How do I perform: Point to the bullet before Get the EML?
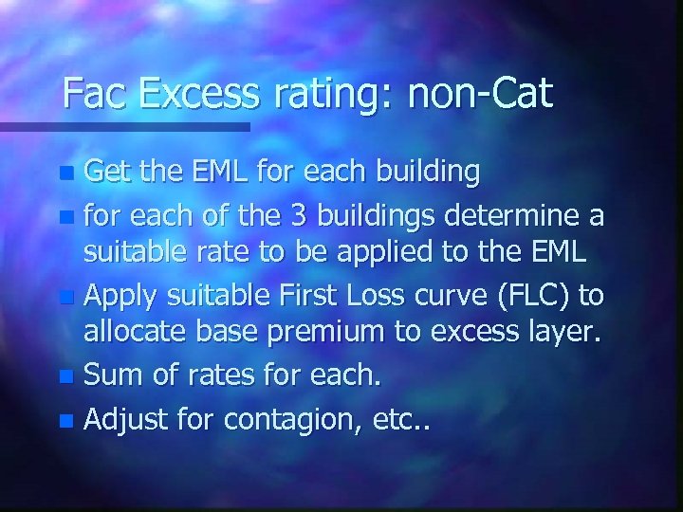tap(65, 174)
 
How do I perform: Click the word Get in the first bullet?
tap(107, 173)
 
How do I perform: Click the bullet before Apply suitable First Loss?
tap(65, 296)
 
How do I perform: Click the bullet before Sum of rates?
tap(65, 376)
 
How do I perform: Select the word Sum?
tap(109, 375)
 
